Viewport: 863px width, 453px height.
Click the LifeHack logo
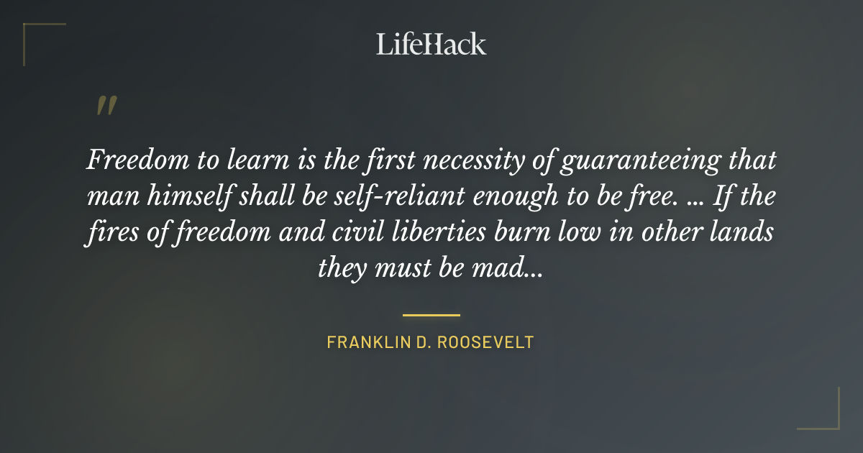pyautogui.click(x=431, y=44)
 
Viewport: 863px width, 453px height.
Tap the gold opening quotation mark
pyautogui.click(x=106, y=106)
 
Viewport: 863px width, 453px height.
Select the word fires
pyautogui.click(x=108, y=233)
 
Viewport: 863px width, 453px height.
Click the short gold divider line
pyautogui.click(x=431, y=315)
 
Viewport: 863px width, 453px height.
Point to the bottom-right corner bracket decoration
pyautogui.click(x=827, y=417)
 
